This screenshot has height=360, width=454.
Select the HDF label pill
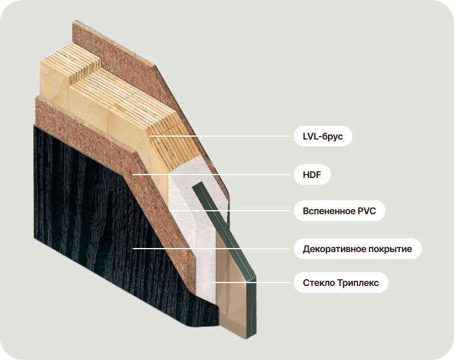tap(312, 175)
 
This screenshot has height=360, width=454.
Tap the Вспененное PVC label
tap(339, 211)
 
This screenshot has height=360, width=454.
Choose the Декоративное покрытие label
tap(357, 249)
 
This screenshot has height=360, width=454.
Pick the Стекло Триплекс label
tap(341, 283)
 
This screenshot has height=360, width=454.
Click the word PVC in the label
tap(366, 211)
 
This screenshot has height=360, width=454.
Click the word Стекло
tap(317, 283)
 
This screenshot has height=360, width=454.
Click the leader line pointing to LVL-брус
tap(230, 137)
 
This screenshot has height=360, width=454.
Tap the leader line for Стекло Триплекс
tap(259, 282)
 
